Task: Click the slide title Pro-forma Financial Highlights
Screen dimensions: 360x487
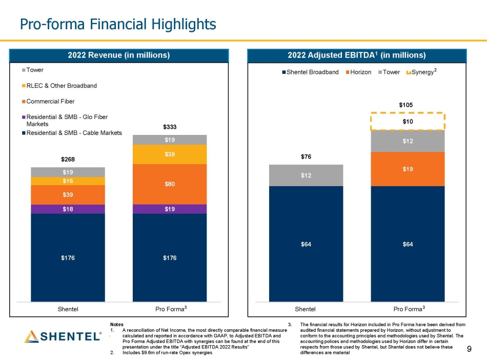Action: pyautogui.click(x=117, y=24)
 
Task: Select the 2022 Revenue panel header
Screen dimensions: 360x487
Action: pyautogui.click(x=119, y=55)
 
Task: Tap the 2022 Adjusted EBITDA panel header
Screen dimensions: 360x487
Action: pyautogui.click(x=356, y=55)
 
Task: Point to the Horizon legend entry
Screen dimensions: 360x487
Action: pyautogui.click(x=360, y=72)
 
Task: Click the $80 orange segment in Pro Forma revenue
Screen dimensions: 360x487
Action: pyautogui.click(x=170, y=184)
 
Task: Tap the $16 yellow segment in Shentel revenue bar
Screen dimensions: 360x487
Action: pyautogui.click(x=68, y=181)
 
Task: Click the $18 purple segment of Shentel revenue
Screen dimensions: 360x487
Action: pyautogui.click(x=68, y=209)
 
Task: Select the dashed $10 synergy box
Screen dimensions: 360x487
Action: pyautogui.click(x=408, y=122)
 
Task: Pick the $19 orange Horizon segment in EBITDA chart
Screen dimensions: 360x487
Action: pyautogui.click(x=408, y=169)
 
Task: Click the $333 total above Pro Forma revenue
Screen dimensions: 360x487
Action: pyautogui.click(x=170, y=127)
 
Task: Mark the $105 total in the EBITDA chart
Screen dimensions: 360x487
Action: pyautogui.click(x=408, y=105)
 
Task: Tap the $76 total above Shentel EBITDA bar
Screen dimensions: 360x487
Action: pyautogui.click(x=306, y=157)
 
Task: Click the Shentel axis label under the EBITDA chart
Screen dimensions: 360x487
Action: pyautogui.click(x=306, y=309)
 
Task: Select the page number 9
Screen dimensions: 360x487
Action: pyautogui.click(x=470, y=349)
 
